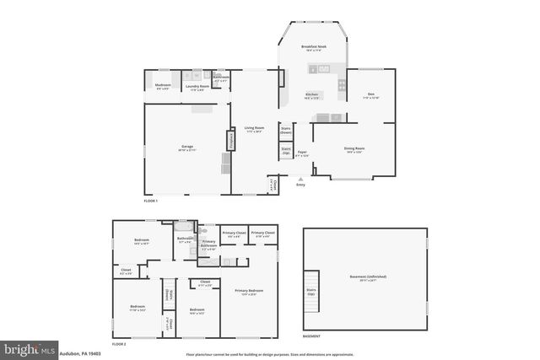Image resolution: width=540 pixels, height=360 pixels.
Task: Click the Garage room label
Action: pyautogui.click(x=187, y=148)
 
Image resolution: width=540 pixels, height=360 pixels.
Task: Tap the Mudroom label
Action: pyautogui.click(x=163, y=85)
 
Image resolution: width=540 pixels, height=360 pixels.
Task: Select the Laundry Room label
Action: pyautogui.click(x=196, y=85)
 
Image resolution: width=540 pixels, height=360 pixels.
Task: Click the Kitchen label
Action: pyautogui.click(x=311, y=95)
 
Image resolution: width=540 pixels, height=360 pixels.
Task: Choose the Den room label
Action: pyautogui.click(x=370, y=95)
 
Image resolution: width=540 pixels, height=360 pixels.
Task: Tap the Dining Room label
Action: pyautogui.click(x=354, y=150)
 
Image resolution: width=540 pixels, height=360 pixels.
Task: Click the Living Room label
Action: pyautogui.click(x=255, y=129)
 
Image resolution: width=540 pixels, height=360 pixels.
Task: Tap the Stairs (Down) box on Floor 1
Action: pyautogui.click(x=286, y=131)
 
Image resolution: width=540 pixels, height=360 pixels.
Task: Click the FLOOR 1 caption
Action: pyautogui.click(x=150, y=201)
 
